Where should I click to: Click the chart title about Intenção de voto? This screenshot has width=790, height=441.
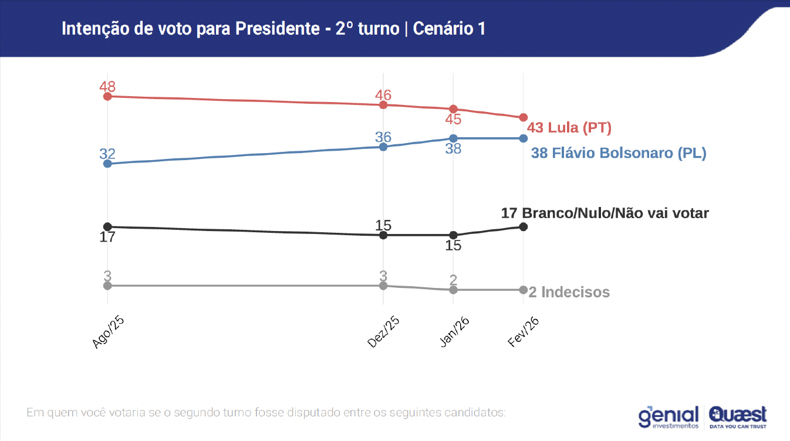(274, 29)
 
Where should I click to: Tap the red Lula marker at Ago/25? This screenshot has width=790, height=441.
(107, 96)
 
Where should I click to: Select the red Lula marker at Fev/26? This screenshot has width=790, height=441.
(524, 118)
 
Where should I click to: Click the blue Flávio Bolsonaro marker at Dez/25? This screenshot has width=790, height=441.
(383, 147)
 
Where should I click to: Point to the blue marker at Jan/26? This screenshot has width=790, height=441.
(453, 138)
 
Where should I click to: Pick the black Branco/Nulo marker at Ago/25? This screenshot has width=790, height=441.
(107, 226)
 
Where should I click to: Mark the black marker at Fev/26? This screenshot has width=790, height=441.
(524, 226)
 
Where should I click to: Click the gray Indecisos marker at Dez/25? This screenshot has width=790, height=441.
(383, 286)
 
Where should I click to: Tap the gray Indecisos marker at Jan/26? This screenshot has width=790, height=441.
(453, 290)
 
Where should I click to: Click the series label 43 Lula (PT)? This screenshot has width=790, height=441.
(569, 127)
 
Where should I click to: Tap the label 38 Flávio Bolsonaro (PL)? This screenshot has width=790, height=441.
(619, 154)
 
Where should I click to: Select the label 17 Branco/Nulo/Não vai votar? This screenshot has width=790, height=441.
(605, 213)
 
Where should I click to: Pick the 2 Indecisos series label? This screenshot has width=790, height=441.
(569, 292)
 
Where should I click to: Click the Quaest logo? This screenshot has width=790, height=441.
(738, 416)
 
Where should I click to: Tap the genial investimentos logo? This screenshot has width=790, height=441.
(669, 416)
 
